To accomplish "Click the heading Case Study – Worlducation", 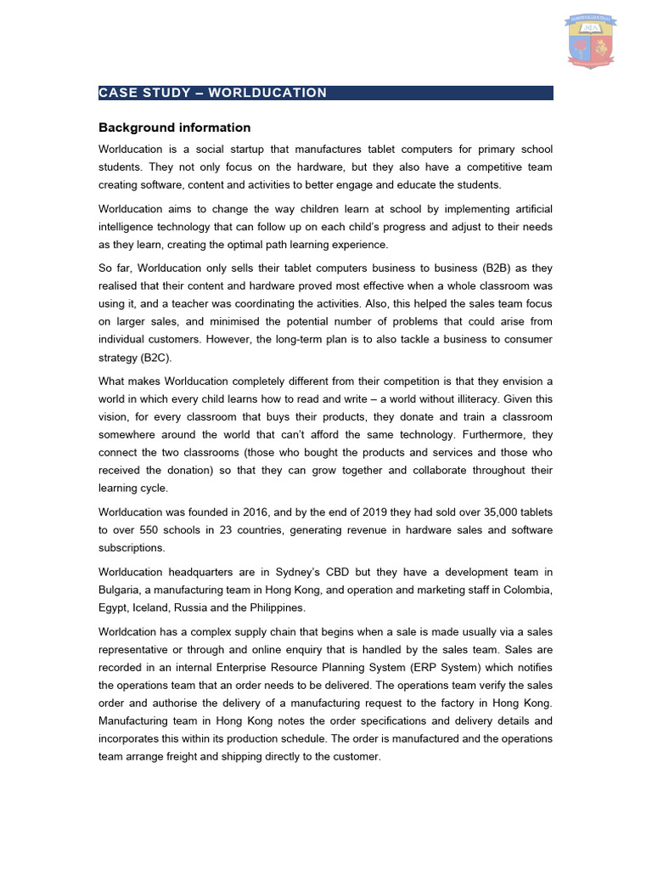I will (x=213, y=93).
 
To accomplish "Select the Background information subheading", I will (x=175, y=127).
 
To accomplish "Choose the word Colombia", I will (x=527, y=590).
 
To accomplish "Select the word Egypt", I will (x=115, y=608).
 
